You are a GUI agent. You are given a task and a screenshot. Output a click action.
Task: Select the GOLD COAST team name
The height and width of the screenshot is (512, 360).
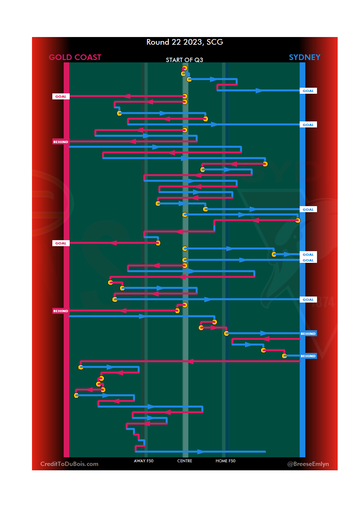75,57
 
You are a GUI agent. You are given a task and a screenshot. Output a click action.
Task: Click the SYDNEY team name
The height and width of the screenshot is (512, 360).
304,57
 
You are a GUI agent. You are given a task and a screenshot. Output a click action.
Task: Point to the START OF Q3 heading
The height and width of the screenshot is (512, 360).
184,60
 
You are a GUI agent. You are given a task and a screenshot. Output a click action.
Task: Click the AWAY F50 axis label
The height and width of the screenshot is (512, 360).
144,461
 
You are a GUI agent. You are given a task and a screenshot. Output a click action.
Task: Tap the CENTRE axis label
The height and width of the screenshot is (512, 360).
185,461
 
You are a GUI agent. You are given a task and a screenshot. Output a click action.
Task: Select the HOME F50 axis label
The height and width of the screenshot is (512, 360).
225,461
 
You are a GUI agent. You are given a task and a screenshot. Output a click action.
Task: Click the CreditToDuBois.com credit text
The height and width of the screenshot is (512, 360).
69,464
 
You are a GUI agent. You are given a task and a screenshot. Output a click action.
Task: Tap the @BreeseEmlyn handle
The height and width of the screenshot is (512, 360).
308,464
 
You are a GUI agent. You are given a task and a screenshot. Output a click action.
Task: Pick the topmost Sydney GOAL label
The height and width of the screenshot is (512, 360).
308,91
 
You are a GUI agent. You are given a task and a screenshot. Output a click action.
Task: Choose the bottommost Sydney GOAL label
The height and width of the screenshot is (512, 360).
308,300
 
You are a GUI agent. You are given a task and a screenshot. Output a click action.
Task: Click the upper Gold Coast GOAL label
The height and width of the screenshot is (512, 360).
61,96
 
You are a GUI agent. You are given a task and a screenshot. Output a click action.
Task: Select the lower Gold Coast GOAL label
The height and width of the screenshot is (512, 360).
61,243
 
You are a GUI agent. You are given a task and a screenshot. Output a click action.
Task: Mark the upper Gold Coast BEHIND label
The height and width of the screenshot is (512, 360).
61,142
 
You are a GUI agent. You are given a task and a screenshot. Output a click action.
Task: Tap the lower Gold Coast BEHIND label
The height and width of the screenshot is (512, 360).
61,311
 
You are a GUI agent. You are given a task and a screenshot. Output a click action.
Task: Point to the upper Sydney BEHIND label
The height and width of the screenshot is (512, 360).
308,334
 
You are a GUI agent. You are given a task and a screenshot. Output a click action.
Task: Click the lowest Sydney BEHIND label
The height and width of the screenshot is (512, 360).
308,356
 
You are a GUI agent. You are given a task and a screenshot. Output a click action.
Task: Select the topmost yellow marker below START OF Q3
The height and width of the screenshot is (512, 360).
185,68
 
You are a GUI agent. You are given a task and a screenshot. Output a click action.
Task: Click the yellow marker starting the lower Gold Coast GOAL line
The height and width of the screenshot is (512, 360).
158,243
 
